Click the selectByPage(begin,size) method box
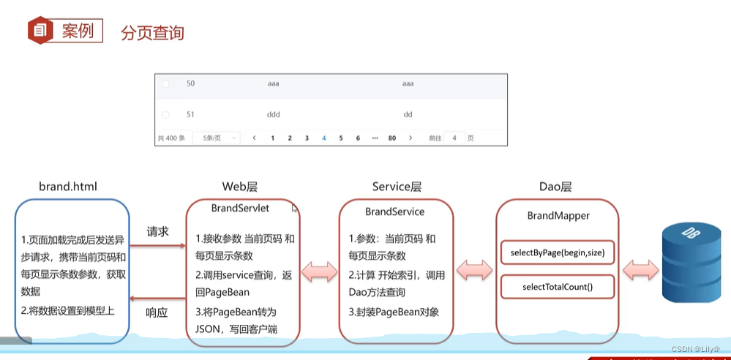(558, 253)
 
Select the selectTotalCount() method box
(558, 287)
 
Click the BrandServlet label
(240, 208)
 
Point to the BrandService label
(394, 211)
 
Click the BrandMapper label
(558, 216)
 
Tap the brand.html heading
(68, 187)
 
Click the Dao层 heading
(555, 187)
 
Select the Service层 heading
(397, 187)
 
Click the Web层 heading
(239, 187)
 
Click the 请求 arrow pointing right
(158, 246)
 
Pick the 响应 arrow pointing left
(158, 298)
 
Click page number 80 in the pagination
(392, 138)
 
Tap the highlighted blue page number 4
(324, 138)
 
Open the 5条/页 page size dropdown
(216, 138)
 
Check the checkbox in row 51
(165, 114)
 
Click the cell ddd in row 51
(274, 114)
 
